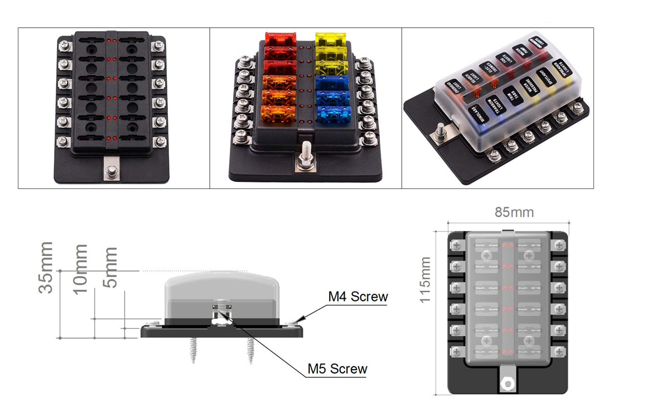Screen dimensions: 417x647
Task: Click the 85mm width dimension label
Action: [x=514, y=212]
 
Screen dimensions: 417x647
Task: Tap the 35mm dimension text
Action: [x=46, y=267]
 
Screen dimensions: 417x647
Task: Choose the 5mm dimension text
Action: [x=111, y=268]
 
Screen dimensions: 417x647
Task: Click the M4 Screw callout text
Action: [x=358, y=297]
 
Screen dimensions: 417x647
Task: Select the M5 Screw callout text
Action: [x=337, y=368]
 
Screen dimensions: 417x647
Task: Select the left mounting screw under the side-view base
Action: [x=194, y=351]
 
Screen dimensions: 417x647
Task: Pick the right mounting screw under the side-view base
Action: [x=249, y=351]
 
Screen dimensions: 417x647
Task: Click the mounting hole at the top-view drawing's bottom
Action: [x=507, y=383]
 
